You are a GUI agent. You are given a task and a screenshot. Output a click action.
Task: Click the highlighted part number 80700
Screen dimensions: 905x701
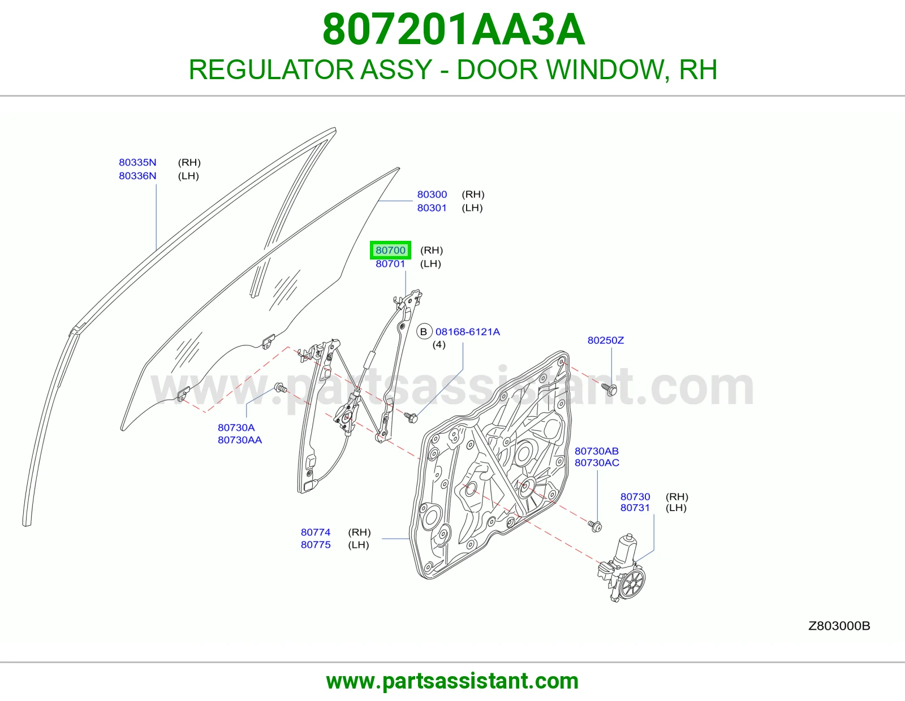(x=390, y=250)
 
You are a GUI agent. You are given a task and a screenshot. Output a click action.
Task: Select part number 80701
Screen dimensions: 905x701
(x=390, y=263)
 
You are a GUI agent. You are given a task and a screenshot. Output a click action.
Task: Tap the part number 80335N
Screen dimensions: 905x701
(x=137, y=162)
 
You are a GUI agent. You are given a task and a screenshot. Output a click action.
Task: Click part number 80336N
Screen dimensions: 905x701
(x=137, y=176)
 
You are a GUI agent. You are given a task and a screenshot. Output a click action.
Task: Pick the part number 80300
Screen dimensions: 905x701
(x=432, y=194)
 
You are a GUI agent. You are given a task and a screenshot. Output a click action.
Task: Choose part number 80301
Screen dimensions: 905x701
(x=432, y=207)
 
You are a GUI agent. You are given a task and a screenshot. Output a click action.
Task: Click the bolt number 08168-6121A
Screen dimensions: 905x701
(x=467, y=332)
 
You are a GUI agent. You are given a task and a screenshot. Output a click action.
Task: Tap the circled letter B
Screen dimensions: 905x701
(x=424, y=332)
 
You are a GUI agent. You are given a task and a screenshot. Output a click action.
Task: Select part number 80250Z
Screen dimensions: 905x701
(x=606, y=340)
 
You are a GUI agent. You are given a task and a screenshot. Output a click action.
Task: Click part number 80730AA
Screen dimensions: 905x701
(x=239, y=440)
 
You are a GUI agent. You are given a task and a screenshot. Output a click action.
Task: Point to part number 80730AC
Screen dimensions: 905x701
(x=597, y=462)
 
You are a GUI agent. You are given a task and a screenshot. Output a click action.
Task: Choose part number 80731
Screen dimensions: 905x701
(x=635, y=508)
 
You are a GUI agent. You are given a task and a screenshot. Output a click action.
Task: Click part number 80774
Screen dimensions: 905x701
(x=316, y=532)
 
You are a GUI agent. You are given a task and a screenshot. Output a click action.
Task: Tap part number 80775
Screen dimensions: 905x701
(x=316, y=544)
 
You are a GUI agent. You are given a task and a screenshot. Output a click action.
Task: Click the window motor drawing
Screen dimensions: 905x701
(x=622, y=569)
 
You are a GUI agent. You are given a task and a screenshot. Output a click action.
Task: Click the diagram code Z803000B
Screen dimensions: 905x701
(x=839, y=626)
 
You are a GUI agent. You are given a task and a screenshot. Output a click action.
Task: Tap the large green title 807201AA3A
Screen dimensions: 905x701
(x=454, y=29)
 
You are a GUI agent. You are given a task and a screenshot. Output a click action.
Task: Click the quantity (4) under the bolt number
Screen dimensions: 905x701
(x=439, y=345)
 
